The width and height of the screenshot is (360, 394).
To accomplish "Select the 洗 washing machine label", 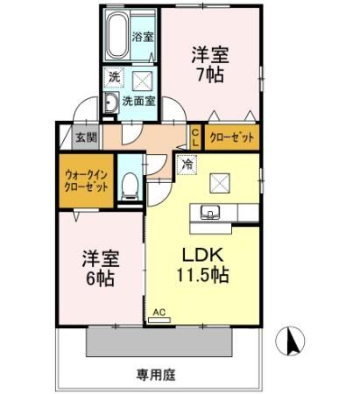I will tap(114, 77).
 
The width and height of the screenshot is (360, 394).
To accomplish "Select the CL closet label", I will tap(195, 137).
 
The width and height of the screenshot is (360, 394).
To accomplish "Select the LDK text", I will tap(204, 254).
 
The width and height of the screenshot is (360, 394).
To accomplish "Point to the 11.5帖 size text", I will tap(204, 274).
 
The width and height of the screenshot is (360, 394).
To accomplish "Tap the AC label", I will tap(159, 311).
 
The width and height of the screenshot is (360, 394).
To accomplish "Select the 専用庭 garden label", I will tap(156, 375).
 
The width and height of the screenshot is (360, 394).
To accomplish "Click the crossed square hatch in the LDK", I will tap(220, 183).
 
